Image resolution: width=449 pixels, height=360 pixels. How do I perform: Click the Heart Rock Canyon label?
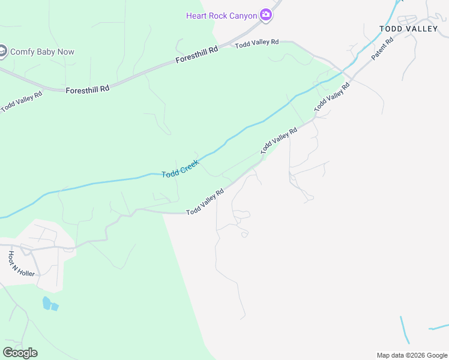click(x=222, y=15)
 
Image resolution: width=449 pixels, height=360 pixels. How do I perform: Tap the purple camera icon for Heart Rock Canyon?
click(x=266, y=16)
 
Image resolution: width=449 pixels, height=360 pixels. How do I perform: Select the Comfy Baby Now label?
click(x=42, y=52)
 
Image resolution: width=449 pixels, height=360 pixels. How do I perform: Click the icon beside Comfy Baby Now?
click(x=2, y=52)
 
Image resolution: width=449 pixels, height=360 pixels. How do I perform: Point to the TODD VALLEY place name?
click(x=409, y=29)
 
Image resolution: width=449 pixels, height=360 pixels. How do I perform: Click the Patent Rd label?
click(x=382, y=49)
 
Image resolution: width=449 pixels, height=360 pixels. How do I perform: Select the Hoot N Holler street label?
click(x=22, y=264)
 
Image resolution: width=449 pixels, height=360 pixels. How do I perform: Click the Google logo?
click(x=20, y=353)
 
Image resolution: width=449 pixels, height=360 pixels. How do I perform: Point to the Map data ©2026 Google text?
click(x=412, y=355)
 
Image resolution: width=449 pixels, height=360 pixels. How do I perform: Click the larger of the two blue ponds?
click(x=46, y=303)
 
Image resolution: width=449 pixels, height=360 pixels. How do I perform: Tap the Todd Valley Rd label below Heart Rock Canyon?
click(x=257, y=43)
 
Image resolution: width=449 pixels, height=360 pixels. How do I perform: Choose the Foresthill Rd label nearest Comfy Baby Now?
click(x=88, y=88)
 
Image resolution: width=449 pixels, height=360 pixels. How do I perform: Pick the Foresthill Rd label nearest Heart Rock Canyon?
click(x=197, y=56)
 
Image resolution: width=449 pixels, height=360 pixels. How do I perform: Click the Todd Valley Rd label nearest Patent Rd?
click(x=332, y=97)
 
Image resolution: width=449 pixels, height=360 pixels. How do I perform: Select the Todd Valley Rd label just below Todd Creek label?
click(x=205, y=202)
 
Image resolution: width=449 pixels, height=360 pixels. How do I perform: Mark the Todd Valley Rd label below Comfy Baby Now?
click(x=22, y=102)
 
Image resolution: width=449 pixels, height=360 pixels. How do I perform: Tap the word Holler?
click(x=26, y=272)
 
